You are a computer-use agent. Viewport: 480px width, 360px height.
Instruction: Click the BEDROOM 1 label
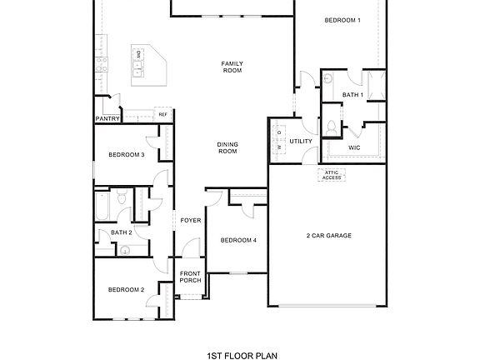342,20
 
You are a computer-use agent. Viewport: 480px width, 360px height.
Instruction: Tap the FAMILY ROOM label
232,67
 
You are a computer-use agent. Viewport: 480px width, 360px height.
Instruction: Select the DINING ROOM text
227,147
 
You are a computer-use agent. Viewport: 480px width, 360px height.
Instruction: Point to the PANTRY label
108,119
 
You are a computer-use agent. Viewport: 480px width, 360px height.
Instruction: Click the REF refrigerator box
163,114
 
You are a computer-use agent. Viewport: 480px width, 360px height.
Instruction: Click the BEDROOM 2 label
126,289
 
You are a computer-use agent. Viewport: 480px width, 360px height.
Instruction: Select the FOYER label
191,220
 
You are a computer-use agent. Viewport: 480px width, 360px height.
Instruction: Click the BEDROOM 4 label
238,240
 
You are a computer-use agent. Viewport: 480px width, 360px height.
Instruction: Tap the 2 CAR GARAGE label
328,236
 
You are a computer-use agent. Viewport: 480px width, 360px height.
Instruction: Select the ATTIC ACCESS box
332,175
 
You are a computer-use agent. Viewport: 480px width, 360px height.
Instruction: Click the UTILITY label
300,141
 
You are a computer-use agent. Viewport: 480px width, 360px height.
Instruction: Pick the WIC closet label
353,147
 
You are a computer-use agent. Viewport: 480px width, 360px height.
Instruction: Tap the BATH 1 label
352,95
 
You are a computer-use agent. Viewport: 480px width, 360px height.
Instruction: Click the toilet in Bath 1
332,128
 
